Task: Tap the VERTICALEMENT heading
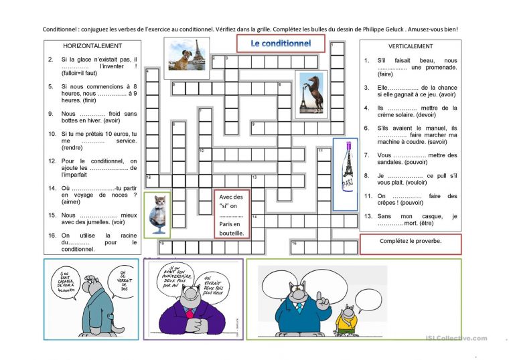tap(410, 46)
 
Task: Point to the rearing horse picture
tap(311, 94)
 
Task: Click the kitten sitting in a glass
tap(157, 213)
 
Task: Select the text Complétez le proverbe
tap(410, 242)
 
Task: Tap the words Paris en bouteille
tap(232, 228)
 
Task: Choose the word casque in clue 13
tap(423, 216)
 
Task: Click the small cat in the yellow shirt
tap(345, 318)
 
